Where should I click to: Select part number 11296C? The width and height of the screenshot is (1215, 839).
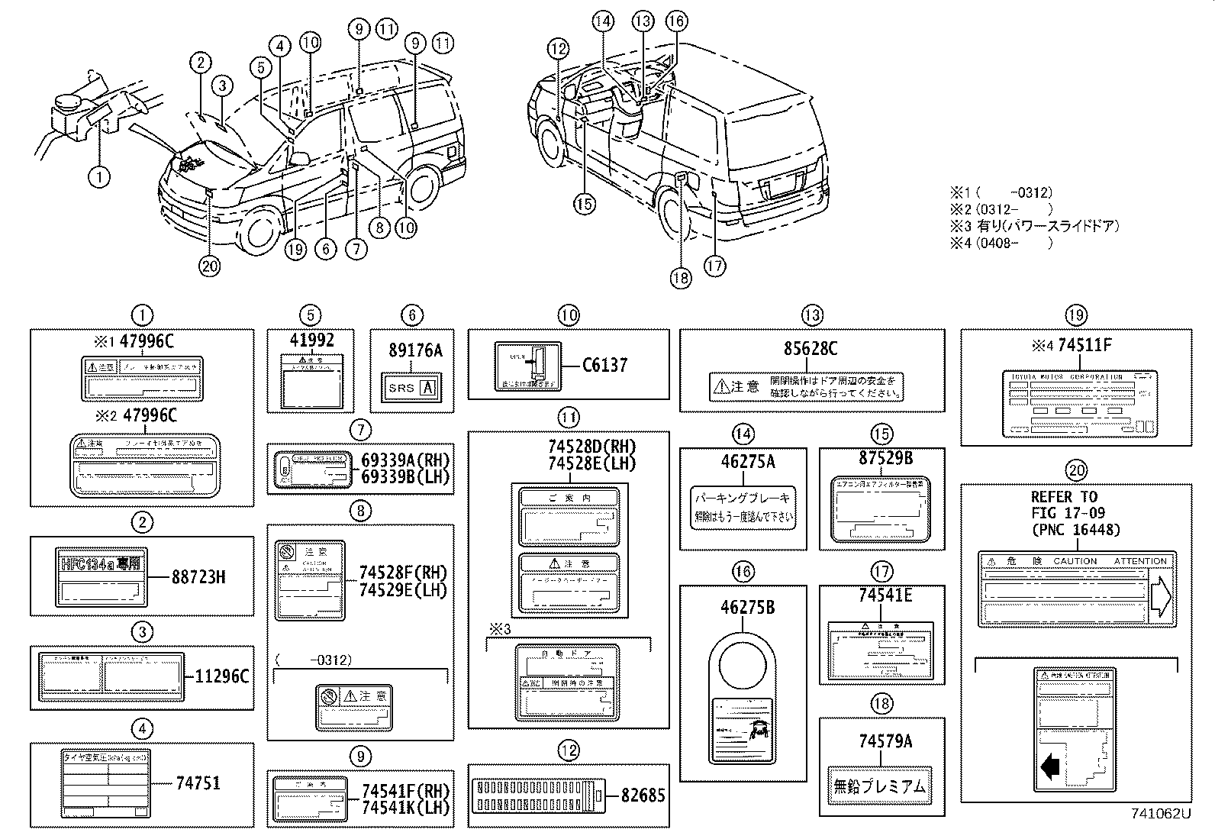click(222, 676)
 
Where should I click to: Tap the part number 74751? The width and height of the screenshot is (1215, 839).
click(198, 783)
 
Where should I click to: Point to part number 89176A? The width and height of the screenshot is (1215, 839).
click(415, 350)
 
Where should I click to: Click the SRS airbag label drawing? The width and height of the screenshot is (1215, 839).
click(411, 387)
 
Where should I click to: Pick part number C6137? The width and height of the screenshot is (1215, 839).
click(604, 365)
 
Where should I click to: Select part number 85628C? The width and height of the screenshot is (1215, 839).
click(810, 349)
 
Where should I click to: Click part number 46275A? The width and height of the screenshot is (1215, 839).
click(747, 461)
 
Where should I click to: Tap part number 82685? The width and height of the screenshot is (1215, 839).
click(643, 795)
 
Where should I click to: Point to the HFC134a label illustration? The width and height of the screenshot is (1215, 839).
click(100, 577)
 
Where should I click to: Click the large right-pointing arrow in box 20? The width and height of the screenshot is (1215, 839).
click(1159, 595)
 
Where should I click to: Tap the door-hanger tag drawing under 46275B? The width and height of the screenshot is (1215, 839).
click(742, 698)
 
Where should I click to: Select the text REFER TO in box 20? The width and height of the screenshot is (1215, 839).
click(1064, 496)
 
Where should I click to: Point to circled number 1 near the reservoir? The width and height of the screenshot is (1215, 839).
click(98, 177)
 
